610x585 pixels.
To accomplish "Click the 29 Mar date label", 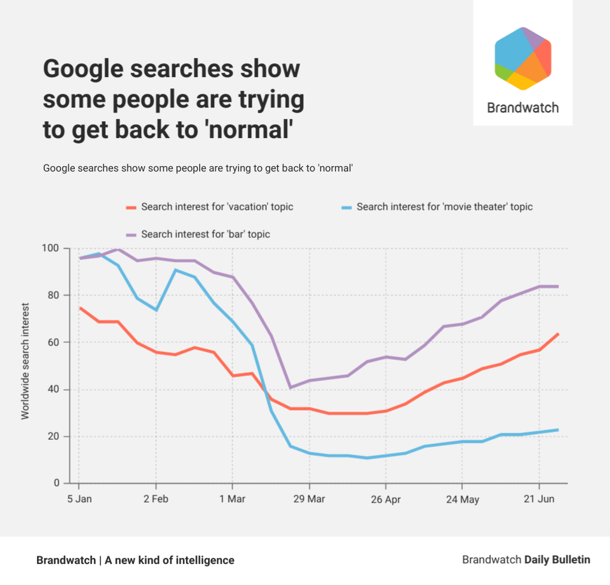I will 309,499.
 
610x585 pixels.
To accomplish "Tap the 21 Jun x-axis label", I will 539,499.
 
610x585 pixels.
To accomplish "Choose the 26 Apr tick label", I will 386,499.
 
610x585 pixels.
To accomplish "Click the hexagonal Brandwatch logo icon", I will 523,59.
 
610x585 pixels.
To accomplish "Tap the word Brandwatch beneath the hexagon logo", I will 523,108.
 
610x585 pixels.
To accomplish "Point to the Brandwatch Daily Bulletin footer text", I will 526,560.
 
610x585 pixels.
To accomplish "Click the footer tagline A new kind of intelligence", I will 170,561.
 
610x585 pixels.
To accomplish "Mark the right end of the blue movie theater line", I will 558,430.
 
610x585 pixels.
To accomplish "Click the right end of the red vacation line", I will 558,334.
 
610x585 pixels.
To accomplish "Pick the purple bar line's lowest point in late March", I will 290,387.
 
